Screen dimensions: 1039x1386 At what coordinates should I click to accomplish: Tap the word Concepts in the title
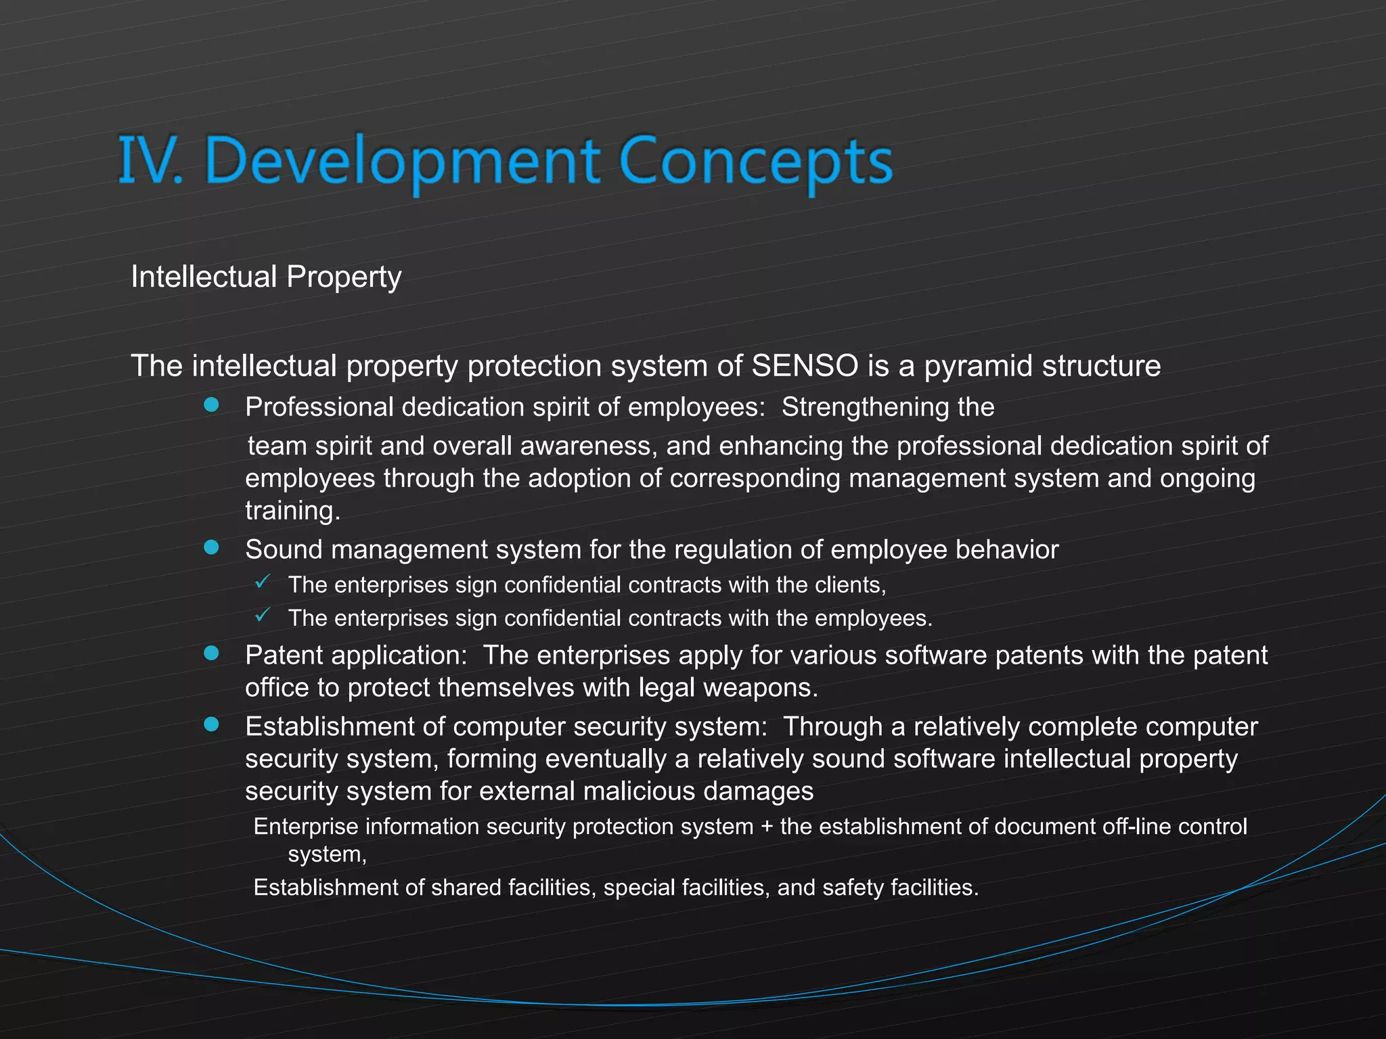click(x=756, y=162)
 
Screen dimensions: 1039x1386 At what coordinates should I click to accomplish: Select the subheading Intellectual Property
click(x=266, y=277)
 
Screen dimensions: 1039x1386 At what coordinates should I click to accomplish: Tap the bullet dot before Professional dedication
click(x=212, y=405)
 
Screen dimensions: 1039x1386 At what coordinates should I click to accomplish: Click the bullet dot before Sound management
click(x=212, y=547)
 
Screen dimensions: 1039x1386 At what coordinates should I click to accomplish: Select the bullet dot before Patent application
click(x=212, y=653)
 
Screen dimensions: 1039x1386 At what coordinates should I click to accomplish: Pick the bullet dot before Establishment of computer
click(x=212, y=724)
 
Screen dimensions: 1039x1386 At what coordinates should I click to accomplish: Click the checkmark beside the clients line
click(x=263, y=581)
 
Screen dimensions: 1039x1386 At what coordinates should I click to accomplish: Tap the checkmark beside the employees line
click(x=263, y=615)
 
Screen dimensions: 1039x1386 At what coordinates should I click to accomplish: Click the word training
click(x=292, y=511)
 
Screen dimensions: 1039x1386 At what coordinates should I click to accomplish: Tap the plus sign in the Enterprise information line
click(x=767, y=827)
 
